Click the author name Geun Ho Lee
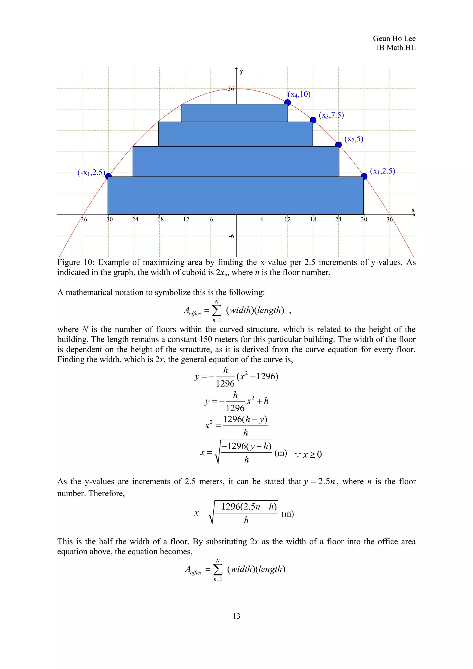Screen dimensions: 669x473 point(394,38)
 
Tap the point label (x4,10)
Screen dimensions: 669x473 point(299,94)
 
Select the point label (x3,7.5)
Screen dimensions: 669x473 point(331,115)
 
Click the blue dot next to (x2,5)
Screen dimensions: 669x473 point(338,145)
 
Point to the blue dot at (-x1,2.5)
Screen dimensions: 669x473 point(108,176)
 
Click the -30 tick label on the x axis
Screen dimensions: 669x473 point(108,219)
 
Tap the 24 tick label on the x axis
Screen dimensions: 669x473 point(338,219)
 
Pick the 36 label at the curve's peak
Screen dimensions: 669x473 point(230,89)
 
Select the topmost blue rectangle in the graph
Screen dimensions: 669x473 point(234,113)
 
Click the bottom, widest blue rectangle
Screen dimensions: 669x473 point(235,195)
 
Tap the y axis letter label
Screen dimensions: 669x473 point(241,72)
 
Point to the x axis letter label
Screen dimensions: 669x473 point(413,210)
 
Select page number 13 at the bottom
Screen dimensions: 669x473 point(236,616)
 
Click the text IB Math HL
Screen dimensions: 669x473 point(396,48)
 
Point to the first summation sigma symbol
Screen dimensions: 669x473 point(216,311)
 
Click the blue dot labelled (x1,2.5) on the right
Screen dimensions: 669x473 point(364,176)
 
